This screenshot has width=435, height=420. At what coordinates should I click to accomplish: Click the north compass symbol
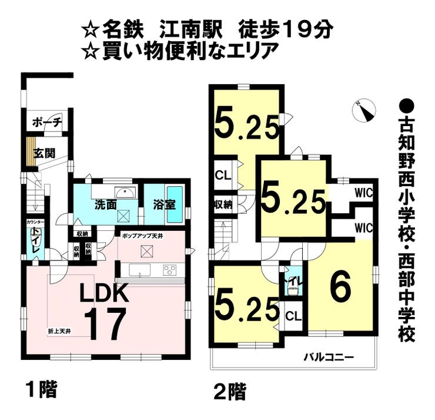point(364,110)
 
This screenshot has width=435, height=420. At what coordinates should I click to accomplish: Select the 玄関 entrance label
point(43,153)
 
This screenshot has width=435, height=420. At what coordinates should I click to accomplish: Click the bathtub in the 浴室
point(175,204)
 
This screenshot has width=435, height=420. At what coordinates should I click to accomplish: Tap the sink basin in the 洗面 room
point(125,193)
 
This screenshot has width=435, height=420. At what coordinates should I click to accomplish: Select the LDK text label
point(104,293)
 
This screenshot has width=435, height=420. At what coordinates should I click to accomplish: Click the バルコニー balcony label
point(328,356)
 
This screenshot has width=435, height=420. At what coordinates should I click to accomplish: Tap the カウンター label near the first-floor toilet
point(35,223)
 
